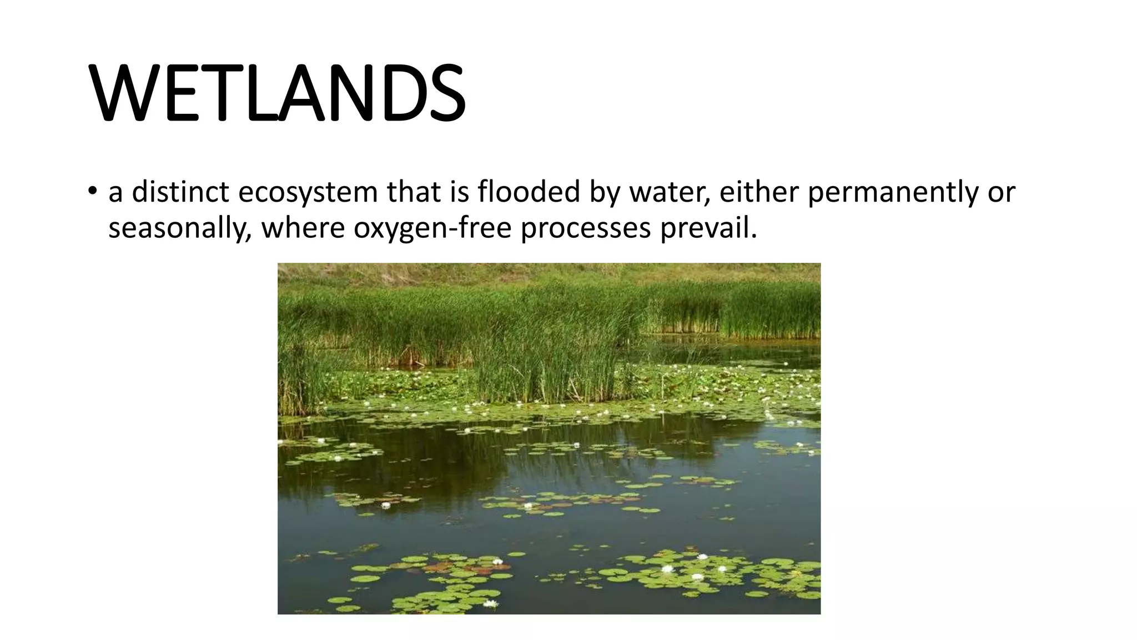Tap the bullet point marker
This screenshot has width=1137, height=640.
92,192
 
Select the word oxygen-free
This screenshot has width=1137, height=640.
432,228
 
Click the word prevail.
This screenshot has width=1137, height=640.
708,228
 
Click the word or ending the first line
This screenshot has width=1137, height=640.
1002,193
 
